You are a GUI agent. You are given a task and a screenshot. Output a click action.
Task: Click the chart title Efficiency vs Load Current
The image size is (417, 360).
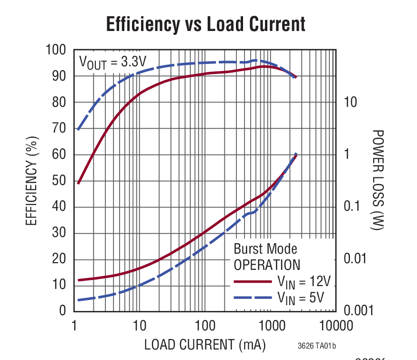click(x=205, y=24)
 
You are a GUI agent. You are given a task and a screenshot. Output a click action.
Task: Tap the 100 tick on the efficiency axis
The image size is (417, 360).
click(x=56, y=50)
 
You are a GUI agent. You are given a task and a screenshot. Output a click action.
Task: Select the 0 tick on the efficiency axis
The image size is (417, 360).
click(x=63, y=311)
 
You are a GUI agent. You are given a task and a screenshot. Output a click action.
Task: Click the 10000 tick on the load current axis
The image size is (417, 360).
click(x=334, y=327)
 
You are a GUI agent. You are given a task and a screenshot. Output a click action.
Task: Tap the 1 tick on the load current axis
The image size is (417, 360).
click(x=74, y=327)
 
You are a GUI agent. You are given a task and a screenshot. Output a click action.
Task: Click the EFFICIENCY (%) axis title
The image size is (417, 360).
click(x=31, y=180)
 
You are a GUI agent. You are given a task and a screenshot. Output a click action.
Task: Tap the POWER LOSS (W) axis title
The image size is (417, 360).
click(x=377, y=180)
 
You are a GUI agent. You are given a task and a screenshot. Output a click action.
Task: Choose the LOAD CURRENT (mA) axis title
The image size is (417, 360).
click(x=205, y=344)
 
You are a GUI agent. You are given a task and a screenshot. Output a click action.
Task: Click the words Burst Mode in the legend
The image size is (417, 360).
click(x=265, y=249)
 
